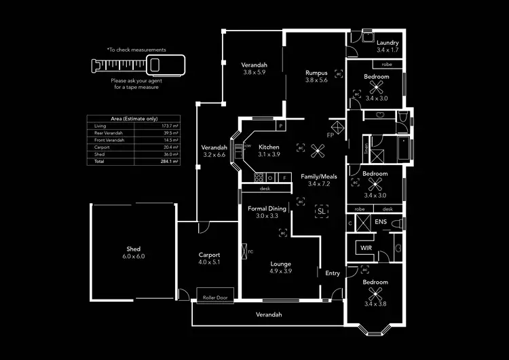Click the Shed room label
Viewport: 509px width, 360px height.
click(x=133, y=249)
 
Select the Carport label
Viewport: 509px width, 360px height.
click(x=209, y=255)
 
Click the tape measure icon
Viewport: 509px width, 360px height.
click(x=136, y=65)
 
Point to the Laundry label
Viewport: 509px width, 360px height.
click(x=388, y=43)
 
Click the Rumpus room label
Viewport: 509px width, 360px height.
click(x=316, y=73)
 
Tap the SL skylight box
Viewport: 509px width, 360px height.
click(x=321, y=211)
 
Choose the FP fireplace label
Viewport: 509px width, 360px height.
click(x=330, y=135)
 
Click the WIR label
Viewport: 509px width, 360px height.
click(x=366, y=248)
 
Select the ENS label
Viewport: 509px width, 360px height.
click(x=381, y=222)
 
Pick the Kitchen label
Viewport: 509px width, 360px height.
click(x=269, y=147)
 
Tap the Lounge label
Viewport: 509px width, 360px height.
click(x=281, y=263)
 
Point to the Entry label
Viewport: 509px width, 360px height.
click(x=333, y=273)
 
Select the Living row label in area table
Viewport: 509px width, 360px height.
click(x=100, y=126)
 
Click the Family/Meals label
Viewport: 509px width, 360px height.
click(x=318, y=176)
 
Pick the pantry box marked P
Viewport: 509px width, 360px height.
click(x=280, y=126)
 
